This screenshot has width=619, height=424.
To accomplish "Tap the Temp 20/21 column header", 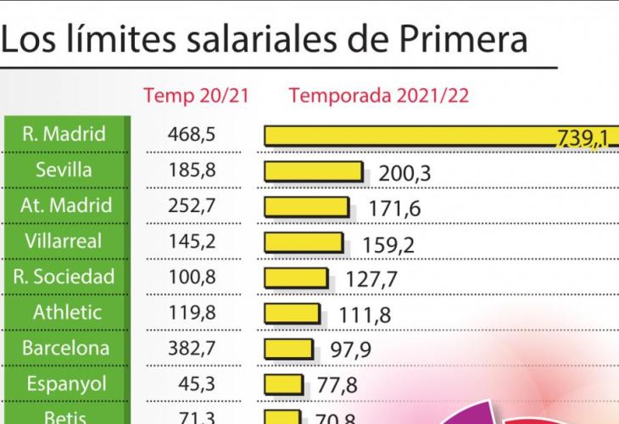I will [x=196, y=95].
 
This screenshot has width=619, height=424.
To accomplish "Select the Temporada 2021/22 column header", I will [x=379, y=95].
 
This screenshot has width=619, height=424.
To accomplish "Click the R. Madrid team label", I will [x=64, y=134].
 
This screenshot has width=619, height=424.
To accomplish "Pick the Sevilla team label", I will [x=64, y=170].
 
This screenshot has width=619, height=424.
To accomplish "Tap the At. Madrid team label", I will [x=64, y=205].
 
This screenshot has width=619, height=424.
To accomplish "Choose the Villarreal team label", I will [x=64, y=241].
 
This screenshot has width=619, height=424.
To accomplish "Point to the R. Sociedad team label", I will [x=64, y=276].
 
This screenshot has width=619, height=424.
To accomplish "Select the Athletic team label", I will [x=64, y=312].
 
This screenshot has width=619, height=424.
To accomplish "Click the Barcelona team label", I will [x=64, y=348].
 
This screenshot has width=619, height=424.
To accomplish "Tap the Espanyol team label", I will [x=64, y=383].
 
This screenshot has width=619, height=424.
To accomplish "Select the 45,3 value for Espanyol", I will [x=196, y=383].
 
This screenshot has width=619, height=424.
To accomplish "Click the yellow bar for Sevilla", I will [x=313, y=170].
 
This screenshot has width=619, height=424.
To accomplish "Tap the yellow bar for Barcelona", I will [x=291, y=349].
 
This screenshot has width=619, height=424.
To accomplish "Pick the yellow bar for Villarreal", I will [x=304, y=242].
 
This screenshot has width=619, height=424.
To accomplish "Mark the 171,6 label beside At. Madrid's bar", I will [x=394, y=209].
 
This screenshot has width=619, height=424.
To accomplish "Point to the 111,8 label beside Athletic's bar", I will [x=365, y=315].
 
